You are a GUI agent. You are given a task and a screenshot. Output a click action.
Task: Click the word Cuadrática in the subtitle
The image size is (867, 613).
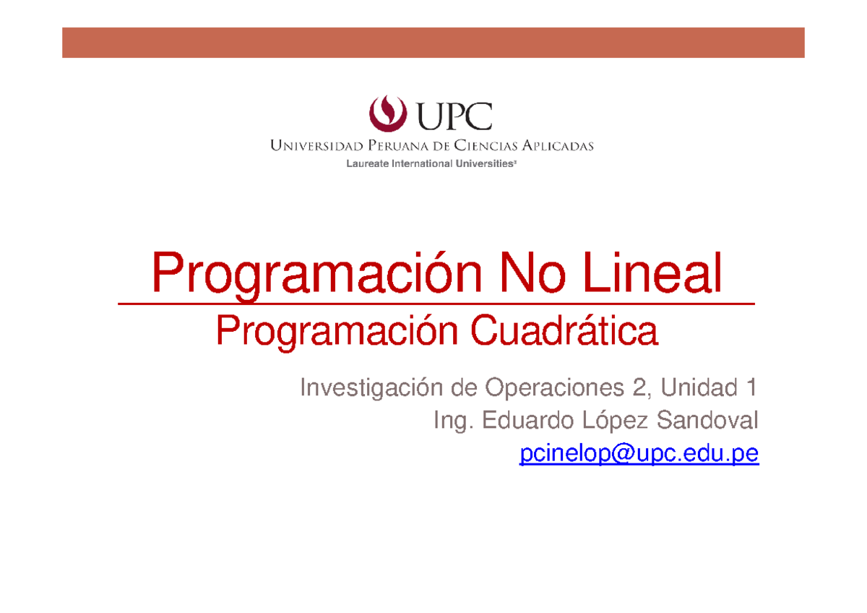(564, 333)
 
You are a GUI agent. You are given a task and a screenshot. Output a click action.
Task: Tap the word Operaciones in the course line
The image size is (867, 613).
(550, 389)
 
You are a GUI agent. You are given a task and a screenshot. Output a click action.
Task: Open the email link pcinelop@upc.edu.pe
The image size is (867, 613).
(639, 454)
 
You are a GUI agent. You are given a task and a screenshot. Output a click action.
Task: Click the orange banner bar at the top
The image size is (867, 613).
(433, 43)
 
